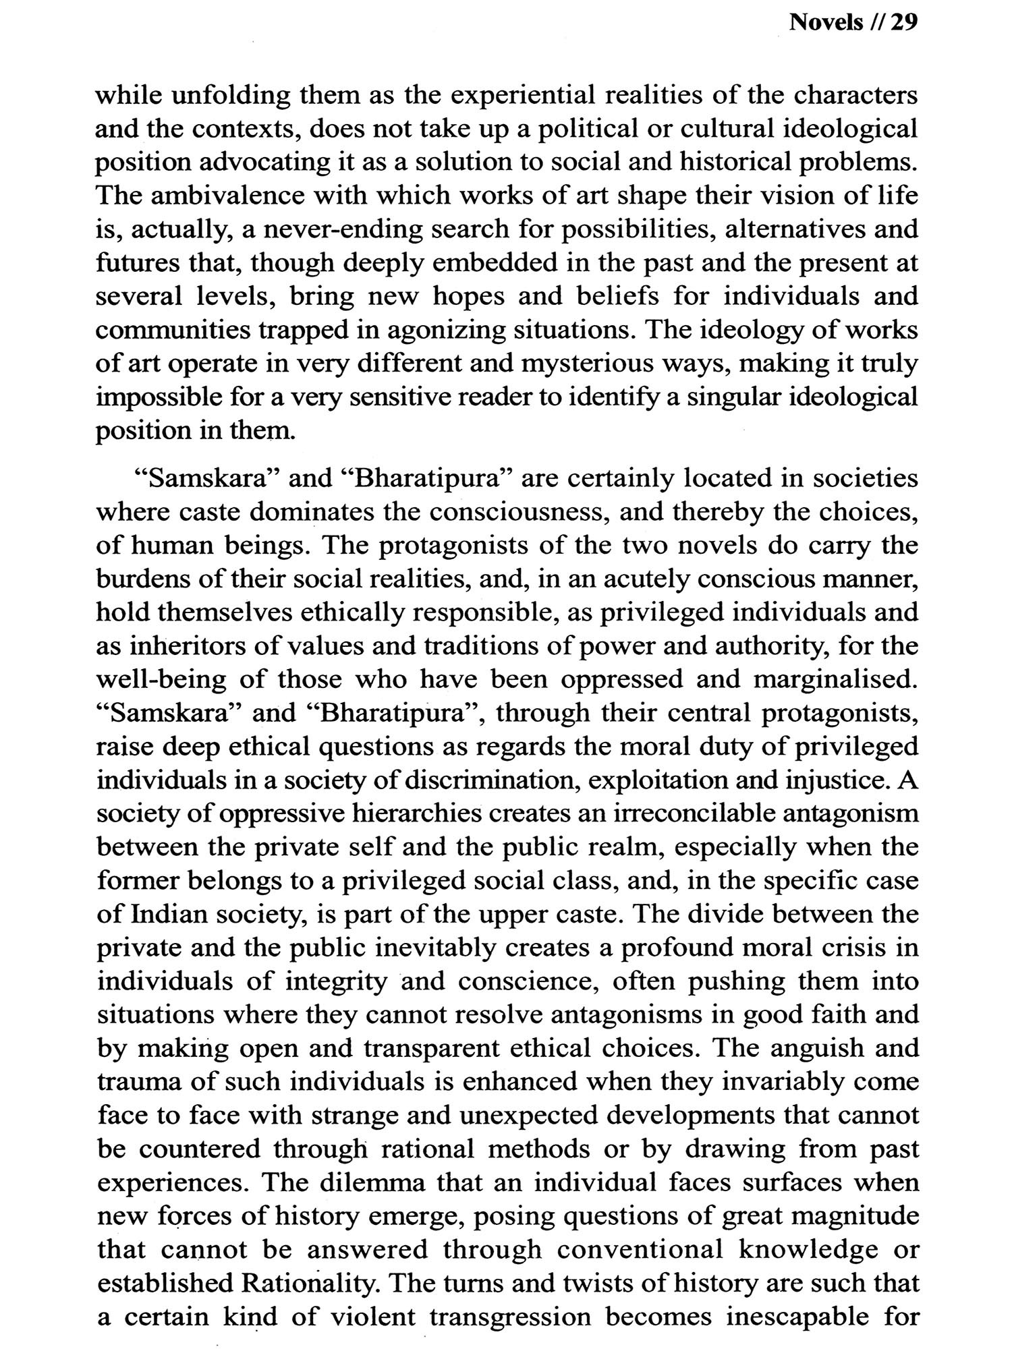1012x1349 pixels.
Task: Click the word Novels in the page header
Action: pyautogui.click(x=826, y=23)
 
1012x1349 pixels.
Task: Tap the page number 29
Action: pyautogui.click(x=903, y=23)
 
